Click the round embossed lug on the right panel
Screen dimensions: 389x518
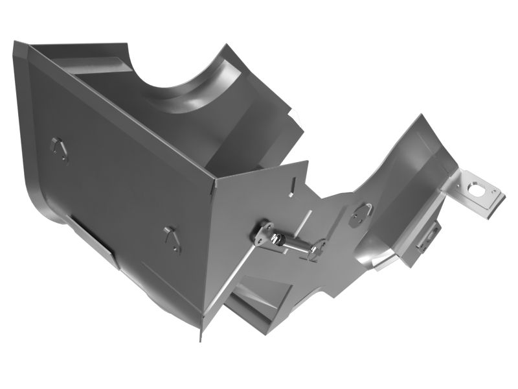click(361, 213)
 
